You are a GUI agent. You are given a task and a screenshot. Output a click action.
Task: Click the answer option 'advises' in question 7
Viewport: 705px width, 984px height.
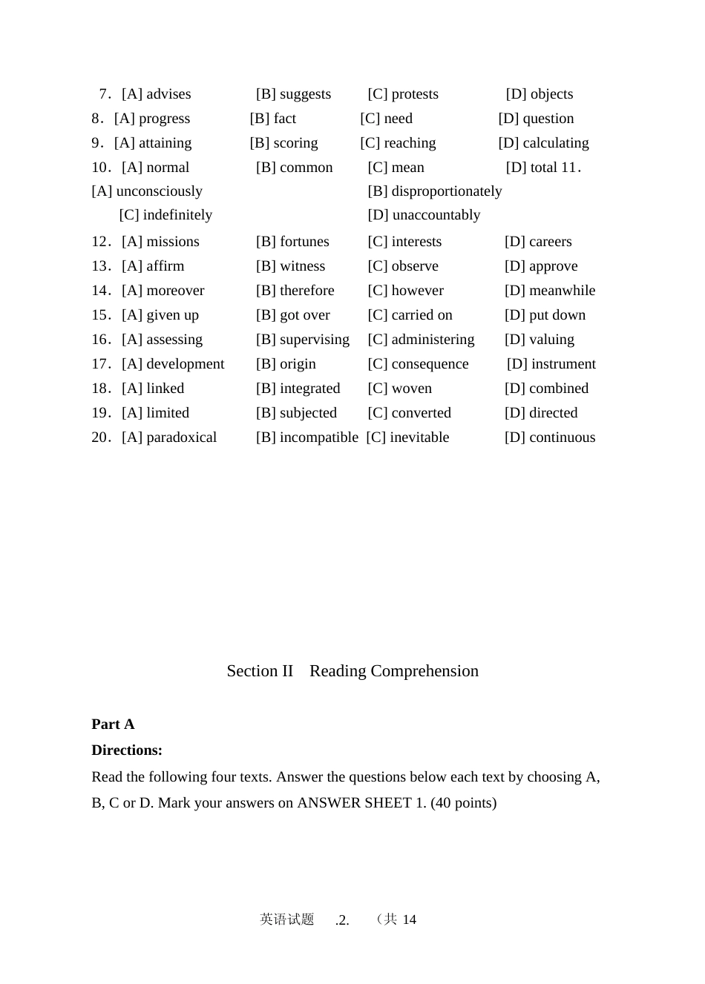168,94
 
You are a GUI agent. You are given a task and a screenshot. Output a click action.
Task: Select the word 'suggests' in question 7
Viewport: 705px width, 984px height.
305,94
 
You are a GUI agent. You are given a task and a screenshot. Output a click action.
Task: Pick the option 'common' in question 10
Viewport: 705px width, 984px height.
306,168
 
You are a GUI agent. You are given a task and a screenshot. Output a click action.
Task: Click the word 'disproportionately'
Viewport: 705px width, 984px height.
446,191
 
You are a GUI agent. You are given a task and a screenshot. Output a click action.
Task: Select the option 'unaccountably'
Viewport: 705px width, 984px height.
436,215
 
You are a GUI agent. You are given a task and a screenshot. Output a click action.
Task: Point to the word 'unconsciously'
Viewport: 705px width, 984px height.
159,191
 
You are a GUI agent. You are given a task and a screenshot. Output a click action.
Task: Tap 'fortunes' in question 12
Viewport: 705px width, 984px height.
304,242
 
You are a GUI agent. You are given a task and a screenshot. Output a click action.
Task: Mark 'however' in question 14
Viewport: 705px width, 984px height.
417,291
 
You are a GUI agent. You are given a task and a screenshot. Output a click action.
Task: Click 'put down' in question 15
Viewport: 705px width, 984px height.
557,315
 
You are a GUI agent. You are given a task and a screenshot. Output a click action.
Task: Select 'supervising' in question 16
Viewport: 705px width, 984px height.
314,340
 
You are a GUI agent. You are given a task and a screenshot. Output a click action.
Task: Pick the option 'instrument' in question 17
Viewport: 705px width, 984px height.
563,364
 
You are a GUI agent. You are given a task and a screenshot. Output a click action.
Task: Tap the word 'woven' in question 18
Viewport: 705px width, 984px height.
411,389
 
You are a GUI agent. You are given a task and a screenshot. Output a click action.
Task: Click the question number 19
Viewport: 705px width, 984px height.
101,413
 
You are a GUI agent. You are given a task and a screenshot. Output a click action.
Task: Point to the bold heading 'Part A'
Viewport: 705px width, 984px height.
113,724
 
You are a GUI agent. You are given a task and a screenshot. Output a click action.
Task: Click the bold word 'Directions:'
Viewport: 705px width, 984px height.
127,750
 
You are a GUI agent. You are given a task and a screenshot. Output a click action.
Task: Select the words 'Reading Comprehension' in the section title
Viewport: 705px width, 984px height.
393,671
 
